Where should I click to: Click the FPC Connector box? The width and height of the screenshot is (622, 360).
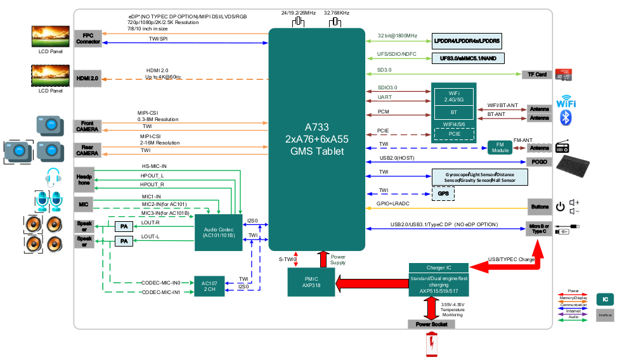(87, 38)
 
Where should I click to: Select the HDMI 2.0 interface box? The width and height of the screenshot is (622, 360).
(87, 78)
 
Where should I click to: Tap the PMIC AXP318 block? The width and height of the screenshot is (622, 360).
(311, 281)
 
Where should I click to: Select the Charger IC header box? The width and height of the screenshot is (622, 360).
(438, 267)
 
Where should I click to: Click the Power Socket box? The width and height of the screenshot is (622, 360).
(431, 324)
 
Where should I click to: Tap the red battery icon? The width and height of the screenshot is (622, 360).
(432, 345)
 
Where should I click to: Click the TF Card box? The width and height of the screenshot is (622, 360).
(536, 74)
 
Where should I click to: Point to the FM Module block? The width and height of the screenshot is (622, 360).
(500, 148)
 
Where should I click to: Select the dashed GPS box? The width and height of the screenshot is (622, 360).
(443, 194)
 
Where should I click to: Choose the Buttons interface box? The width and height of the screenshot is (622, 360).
(539, 207)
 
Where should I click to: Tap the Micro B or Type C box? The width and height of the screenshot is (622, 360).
(538, 229)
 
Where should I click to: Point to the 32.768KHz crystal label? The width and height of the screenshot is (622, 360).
(336, 12)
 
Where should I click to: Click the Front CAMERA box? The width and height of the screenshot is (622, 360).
(87, 125)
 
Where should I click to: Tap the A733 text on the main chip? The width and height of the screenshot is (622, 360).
(316, 125)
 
